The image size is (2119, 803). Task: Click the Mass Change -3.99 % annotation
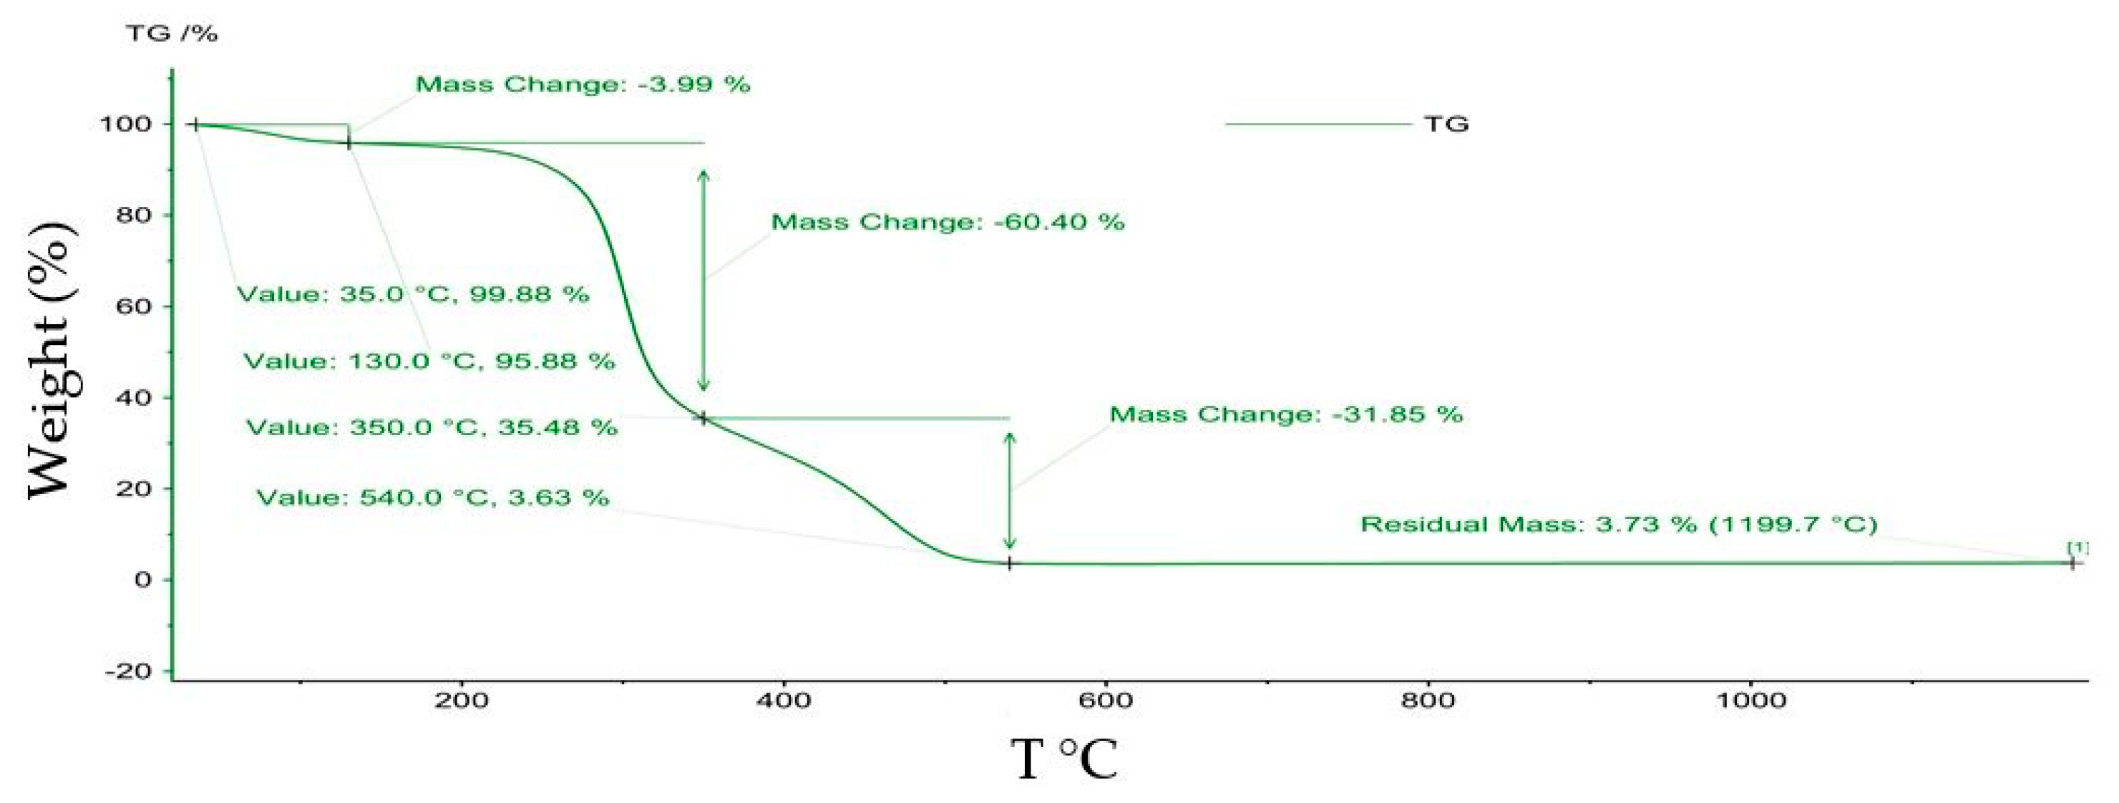583,84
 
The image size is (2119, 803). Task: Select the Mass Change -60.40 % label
948,222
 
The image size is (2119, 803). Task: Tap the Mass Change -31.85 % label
1286,414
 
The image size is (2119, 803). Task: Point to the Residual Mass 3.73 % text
1618,524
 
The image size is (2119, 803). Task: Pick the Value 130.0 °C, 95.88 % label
429,361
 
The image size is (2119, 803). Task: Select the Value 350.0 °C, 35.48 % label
432,428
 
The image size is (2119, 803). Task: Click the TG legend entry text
1446,125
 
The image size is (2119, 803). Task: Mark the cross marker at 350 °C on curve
703,419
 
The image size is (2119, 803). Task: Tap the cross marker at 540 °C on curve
1009,563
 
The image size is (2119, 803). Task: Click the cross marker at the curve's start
196,125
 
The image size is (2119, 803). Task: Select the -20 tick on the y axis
129,671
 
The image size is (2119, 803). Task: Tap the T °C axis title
1063,759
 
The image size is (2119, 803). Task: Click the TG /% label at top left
171,34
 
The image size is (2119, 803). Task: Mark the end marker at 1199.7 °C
2072,563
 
